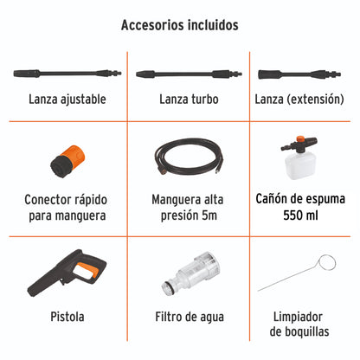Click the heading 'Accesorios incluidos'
(x=179, y=25)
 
